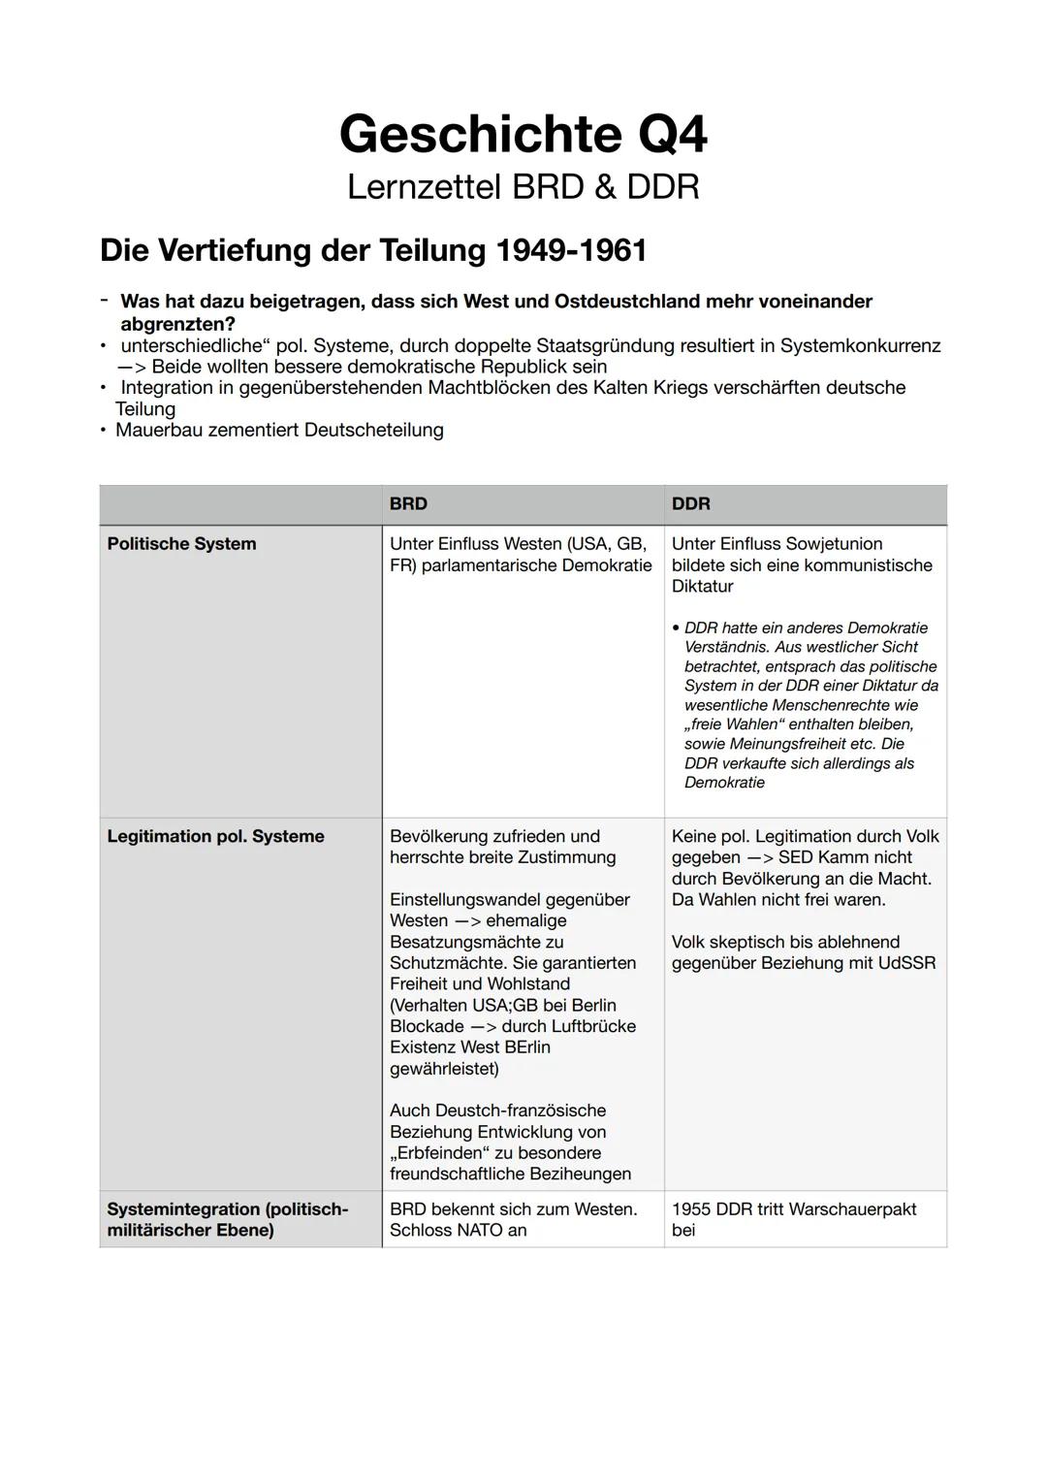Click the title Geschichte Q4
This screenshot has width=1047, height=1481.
(x=523, y=134)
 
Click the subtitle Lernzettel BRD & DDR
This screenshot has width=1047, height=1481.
(x=523, y=186)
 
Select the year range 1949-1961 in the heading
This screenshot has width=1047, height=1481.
(x=571, y=250)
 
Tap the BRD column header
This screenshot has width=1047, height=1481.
(x=408, y=504)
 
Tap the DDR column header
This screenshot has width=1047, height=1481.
(x=690, y=504)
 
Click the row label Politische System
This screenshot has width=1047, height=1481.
(x=181, y=544)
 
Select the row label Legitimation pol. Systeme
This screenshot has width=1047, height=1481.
(x=215, y=836)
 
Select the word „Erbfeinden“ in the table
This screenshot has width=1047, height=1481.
(x=439, y=1153)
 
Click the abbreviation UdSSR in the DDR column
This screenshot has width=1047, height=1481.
(x=905, y=963)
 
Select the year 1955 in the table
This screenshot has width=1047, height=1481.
(x=691, y=1209)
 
